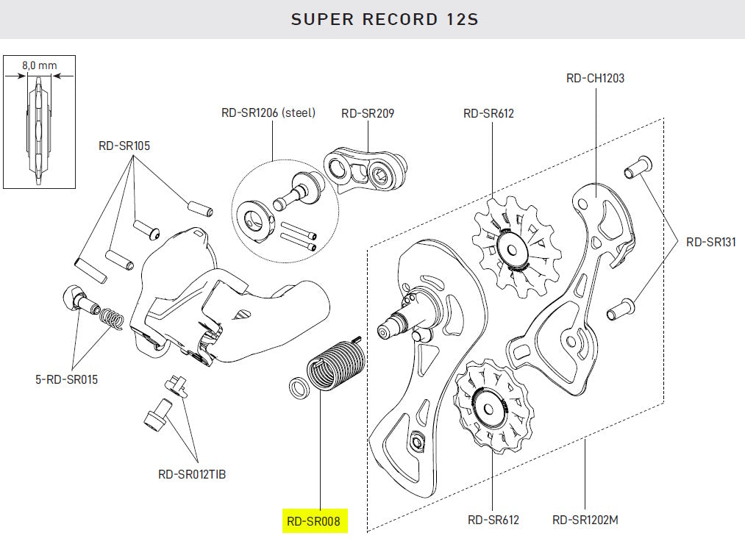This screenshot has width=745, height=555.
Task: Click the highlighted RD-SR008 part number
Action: tap(314, 521)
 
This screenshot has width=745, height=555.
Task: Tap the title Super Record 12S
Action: tap(385, 19)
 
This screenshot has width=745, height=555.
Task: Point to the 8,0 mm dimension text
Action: tap(39, 65)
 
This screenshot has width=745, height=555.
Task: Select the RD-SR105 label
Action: tap(124, 146)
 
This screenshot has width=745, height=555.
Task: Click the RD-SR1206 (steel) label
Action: tap(268, 113)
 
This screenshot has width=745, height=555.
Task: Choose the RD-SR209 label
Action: tap(367, 113)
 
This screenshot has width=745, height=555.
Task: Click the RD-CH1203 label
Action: tap(595, 78)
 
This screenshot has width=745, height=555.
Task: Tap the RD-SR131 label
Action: tap(710, 241)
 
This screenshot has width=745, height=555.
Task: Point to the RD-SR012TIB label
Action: tap(192, 474)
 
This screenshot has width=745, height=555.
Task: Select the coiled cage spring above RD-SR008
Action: tap(335, 365)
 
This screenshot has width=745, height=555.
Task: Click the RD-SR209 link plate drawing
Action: tap(366, 169)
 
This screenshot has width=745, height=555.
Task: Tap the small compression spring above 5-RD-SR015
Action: tap(110, 317)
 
